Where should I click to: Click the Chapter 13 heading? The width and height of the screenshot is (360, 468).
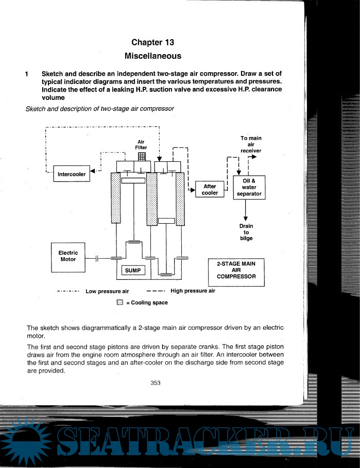[x=153, y=42]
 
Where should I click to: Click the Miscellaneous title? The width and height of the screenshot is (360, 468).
[x=153, y=56]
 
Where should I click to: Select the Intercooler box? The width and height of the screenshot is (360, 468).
[x=72, y=174]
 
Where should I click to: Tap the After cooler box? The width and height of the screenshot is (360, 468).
[x=210, y=190]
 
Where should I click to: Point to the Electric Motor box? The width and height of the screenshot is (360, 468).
[x=68, y=257]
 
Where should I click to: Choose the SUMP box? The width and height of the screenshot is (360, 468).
[x=133, y=270]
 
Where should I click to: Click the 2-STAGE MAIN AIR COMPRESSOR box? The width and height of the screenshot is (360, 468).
[x=236, y=272]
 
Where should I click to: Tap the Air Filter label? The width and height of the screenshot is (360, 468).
[x=141, y=145]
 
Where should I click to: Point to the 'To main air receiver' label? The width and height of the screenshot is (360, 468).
[x=251, y=144]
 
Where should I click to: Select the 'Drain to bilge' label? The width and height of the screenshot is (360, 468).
[x=246, y=232]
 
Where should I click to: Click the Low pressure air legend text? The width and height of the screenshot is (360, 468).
[x=107, y=291]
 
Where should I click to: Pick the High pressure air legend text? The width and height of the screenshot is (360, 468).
[x=193, y=291]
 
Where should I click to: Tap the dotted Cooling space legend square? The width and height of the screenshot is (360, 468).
[x=120, y=303]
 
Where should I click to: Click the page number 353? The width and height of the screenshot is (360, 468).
[x=156, y=382]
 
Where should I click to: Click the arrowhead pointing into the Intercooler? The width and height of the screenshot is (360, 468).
[x=92, y=171]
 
